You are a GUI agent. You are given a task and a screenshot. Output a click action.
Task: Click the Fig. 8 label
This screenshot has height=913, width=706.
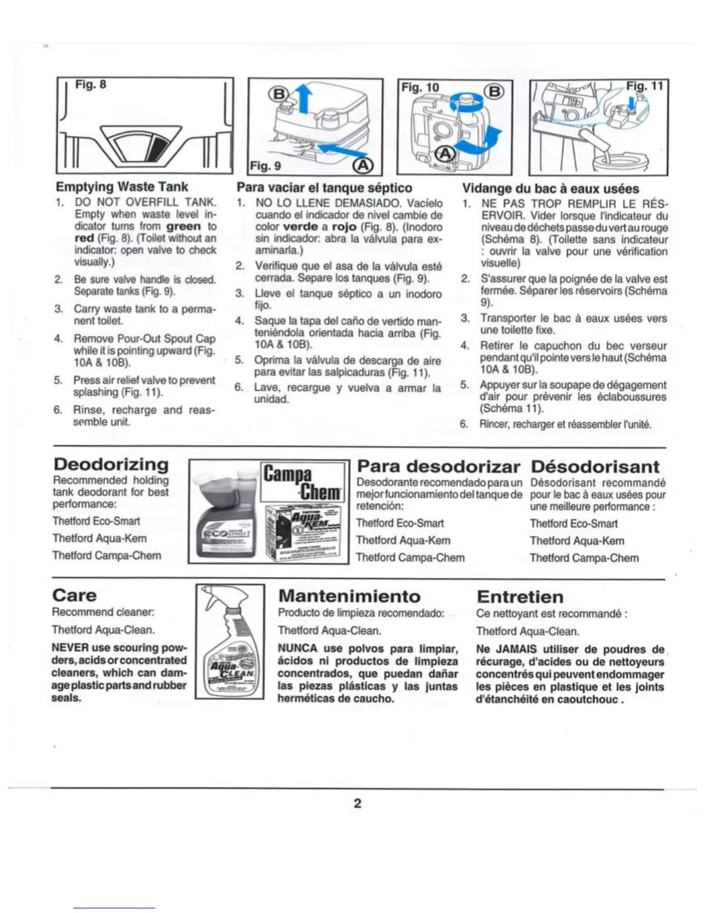(x=91, y=85)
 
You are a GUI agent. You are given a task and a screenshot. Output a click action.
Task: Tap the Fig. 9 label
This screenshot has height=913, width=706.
(x=265, y=166)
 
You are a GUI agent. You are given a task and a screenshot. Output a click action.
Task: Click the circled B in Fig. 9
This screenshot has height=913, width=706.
(x=279, y=95)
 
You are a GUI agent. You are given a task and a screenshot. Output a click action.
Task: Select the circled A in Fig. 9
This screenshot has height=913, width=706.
(x=363, y=165)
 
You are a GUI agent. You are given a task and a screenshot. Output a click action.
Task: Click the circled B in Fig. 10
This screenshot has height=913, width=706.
(x=495, y=92)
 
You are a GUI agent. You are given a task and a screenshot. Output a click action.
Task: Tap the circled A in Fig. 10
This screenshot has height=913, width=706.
(x=445, y=153)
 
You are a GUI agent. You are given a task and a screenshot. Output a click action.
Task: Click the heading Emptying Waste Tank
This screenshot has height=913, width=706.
(x=122, y=187)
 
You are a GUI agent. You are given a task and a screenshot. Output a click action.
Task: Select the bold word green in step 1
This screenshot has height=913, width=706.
(x=183, y=227)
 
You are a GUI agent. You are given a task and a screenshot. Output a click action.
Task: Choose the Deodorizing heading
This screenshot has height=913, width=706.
(x=111, y=465)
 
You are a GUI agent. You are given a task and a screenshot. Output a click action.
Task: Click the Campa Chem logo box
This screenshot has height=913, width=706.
(x=303, y=482)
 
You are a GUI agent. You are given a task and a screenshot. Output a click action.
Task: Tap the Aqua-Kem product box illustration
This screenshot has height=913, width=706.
(x=304, y=533)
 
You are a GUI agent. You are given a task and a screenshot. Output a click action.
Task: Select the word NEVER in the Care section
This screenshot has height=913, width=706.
(x=67, y=648)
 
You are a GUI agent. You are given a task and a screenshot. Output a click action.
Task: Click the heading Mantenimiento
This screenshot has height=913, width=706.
(x=350, y=596)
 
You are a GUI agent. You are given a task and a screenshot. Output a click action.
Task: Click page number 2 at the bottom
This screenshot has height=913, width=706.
(x=358, y=803)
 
